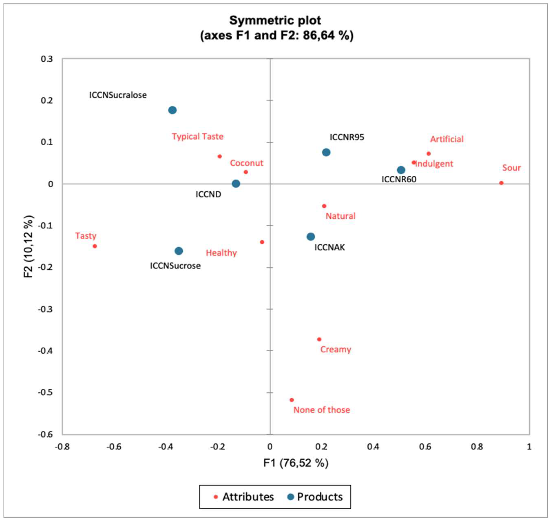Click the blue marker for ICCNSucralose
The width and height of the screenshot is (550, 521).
click(172, 110)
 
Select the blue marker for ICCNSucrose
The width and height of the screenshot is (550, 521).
click(178, 251)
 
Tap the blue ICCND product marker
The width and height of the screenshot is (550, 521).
click(236, 183)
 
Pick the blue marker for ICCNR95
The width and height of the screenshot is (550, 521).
click(326, 152)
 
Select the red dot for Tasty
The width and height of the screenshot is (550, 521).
click(95, 246)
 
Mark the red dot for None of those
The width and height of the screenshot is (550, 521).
click(291, 400)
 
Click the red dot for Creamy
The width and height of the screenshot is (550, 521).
click(319, 339)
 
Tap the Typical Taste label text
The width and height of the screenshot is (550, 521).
click(197, 137)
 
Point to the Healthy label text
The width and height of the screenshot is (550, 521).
click(221, 253)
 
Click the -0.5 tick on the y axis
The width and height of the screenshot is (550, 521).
click(46, 393)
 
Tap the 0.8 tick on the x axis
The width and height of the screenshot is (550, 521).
click(477, 447)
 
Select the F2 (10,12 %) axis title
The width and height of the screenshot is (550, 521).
click(29, 246)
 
